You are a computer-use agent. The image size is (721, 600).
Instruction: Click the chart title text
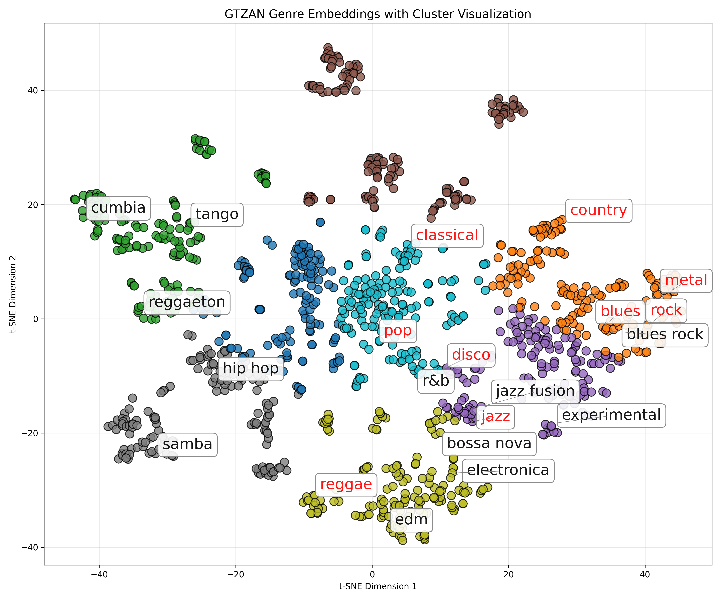coord(378,14)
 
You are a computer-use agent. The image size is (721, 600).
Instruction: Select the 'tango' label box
coord(217,214)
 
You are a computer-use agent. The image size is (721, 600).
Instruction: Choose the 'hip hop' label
coord(251,369)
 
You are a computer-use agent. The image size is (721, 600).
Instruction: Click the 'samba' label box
coord(187,445)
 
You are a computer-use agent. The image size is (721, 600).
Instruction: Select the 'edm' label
coord(411,520)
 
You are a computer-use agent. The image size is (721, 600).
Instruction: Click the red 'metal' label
coord(686,280)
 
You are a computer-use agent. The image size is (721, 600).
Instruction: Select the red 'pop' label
coord(398,331)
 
